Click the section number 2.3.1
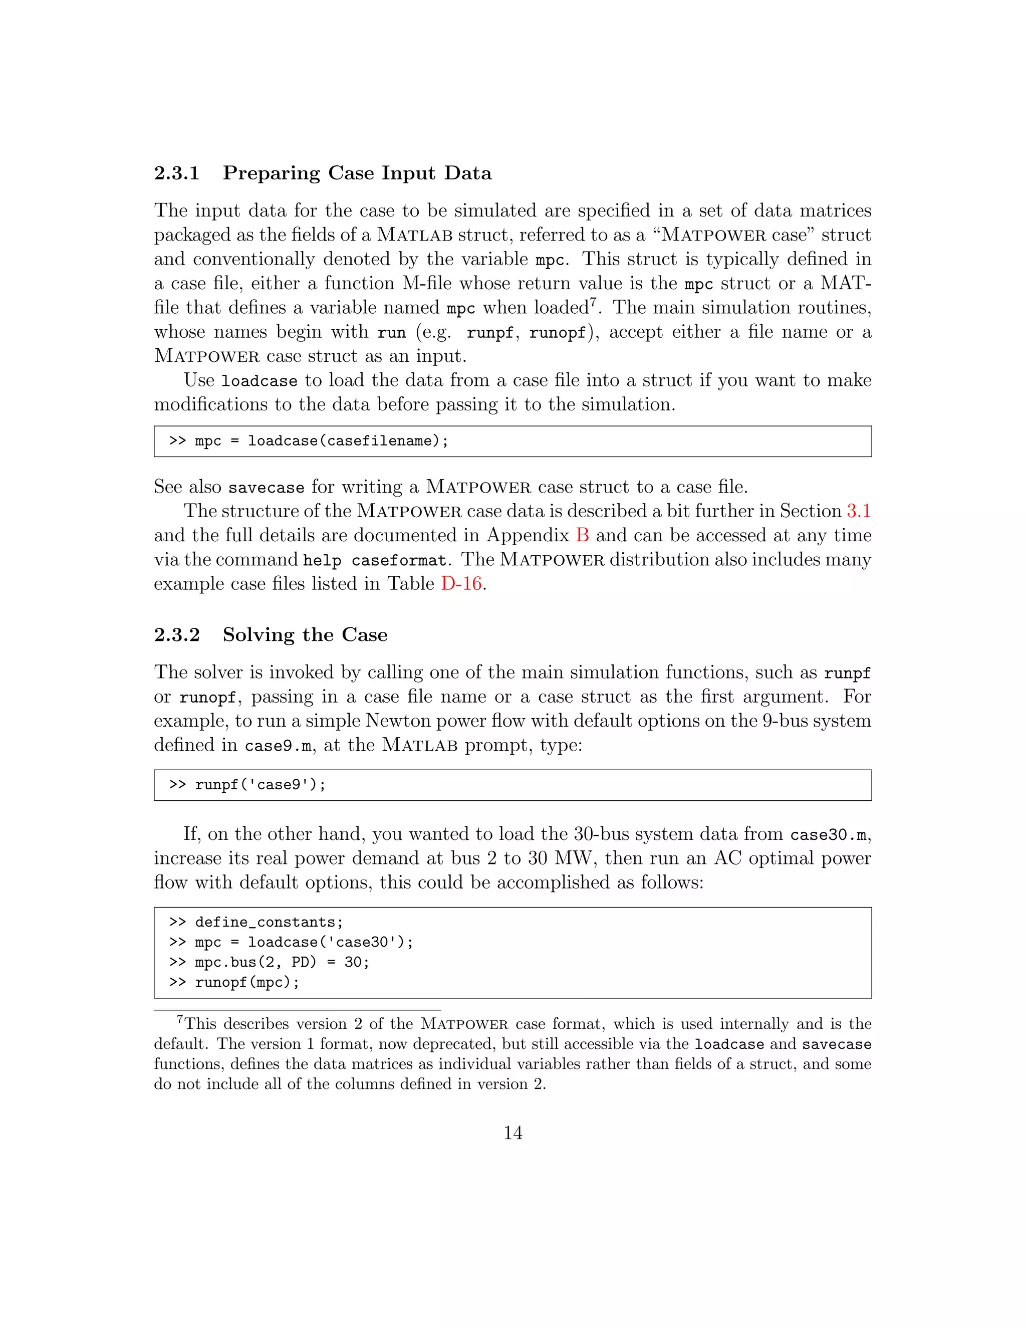pyautogui.click(x=176, y=173)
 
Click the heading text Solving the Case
pyautogui.click(x=305, y=635)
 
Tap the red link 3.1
pyautogui.click(x=858, y=511)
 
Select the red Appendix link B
pyautogui.click(x=582, y=535)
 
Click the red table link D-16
pyautogui.click(x=461, y=584)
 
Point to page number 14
pyautogui.click(x=512, y=1133)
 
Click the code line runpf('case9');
pyautogui.click(x=260, y=785)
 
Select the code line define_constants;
pyautogui.click(x=269, y=923)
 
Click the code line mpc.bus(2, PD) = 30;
pyautogui.click(x=282, y=963)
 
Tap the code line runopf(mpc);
pyautogui.click(x=247, y=983)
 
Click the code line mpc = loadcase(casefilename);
pyautogui.click(x=321, y=441)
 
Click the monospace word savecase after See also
pyautogui.click(x=266, y=488)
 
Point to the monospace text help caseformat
pyautogui.click(x=374, y=561)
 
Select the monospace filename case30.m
pyautogui.click(x=828, y=835)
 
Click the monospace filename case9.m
pyautogui.click(x=279, y=746)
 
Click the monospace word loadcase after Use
pyautogui.click(x=259, y=381)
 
